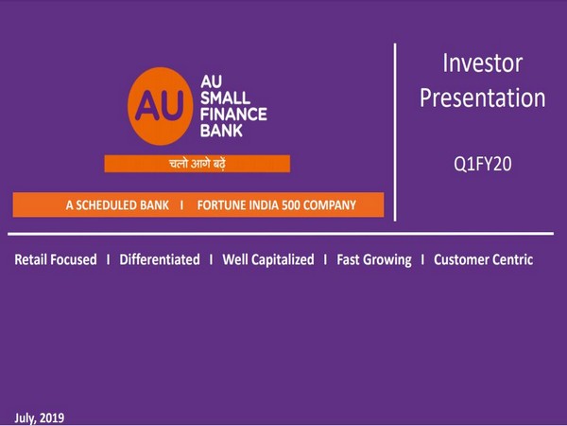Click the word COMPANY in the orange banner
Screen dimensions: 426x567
point(350,205)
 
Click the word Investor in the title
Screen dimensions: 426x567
point(482,63)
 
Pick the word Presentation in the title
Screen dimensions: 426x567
point(482,98)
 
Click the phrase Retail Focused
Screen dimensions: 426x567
point(56,259)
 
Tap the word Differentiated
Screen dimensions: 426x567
point(160,259)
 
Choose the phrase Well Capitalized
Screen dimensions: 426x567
point(267,259)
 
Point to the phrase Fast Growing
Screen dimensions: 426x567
point(373,259)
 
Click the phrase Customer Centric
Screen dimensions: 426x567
point(483,259)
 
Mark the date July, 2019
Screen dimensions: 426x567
point(40,417)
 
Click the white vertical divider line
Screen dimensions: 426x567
point(394,133)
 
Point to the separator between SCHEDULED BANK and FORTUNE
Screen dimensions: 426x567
point(180,205)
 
